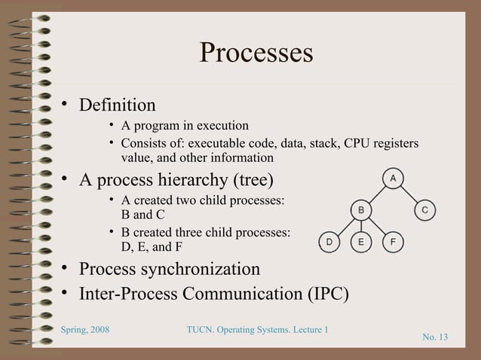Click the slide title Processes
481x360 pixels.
click(x=256, y=53)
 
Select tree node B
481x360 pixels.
click(x=361, y=209)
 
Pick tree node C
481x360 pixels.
click(x=425, y=209)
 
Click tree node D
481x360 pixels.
click(x=329, y=241)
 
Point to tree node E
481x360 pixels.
click(x=361, y=241)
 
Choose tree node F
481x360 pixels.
click(x=394, y=241)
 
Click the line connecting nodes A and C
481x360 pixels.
click(x=409, y=194)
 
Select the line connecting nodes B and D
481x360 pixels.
click(x=345, y=225)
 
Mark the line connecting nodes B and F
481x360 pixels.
click(x=378, y=225)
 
